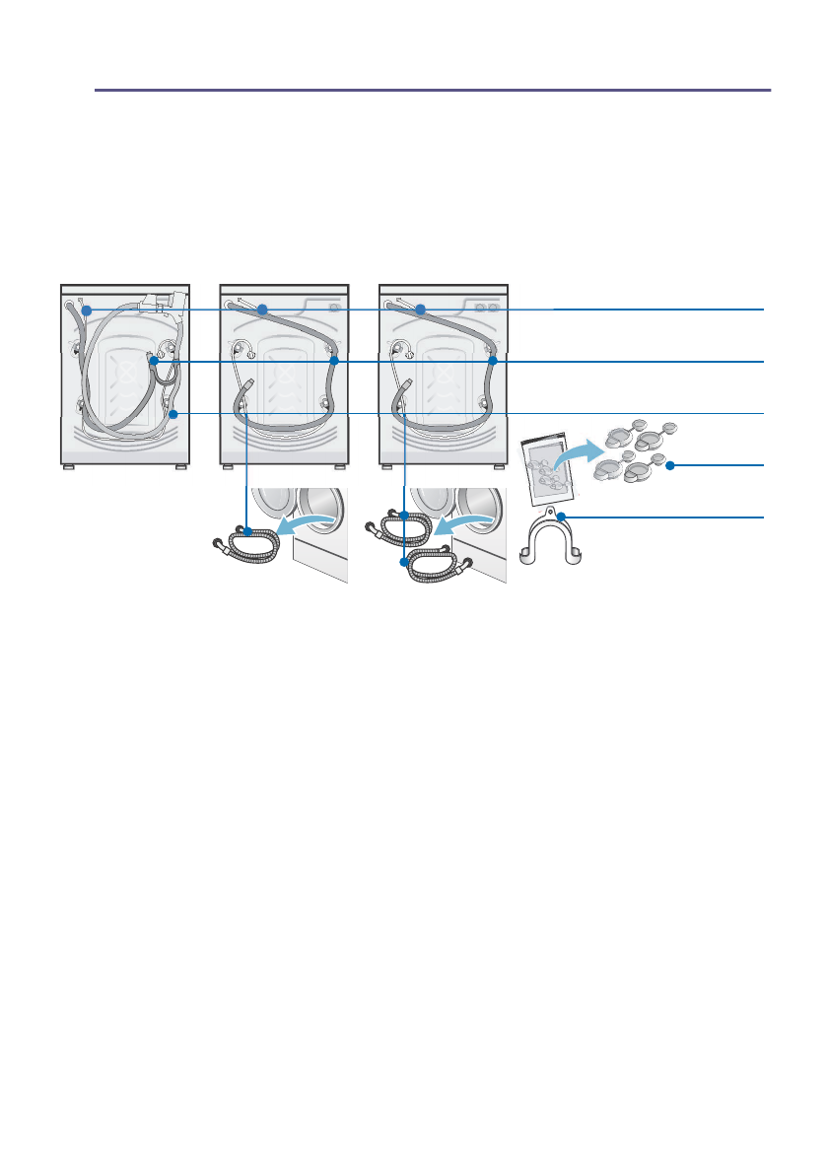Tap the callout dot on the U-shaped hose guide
[x=560, y=517]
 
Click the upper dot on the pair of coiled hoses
[x=405, y=514]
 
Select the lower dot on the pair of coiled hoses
[x=403, y=563]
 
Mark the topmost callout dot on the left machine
[x=87, y=311]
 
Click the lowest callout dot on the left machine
[x=172, y=414]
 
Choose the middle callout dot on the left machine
[x=154, y=363]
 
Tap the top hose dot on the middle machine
[x=262, y=311]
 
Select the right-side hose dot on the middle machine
[x=334, y=363]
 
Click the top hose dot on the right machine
[x=420, y=311]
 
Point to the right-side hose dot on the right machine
[x=492, y=363]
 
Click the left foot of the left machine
[x=69, y=467]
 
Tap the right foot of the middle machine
[x=339, y=467]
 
